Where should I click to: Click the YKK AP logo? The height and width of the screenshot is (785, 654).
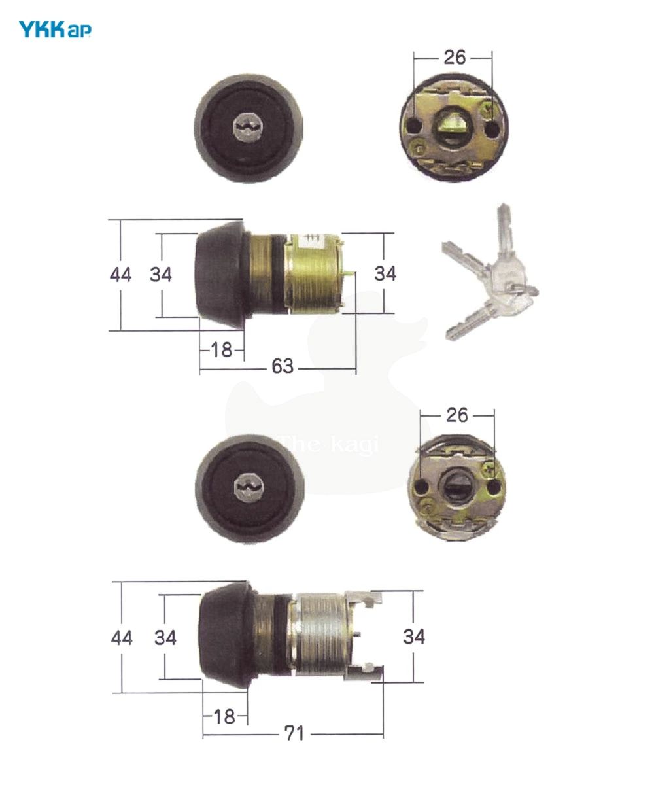55,29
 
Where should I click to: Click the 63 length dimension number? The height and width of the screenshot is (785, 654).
283,366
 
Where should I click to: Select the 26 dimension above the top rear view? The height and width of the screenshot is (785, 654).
455,58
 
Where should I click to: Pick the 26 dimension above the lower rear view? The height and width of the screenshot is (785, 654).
457,415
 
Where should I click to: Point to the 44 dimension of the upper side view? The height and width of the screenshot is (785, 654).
120,274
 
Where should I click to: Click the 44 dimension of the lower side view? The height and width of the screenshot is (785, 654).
122,637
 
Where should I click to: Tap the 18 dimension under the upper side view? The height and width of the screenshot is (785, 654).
222,350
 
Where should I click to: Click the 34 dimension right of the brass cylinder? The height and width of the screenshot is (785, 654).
385,273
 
